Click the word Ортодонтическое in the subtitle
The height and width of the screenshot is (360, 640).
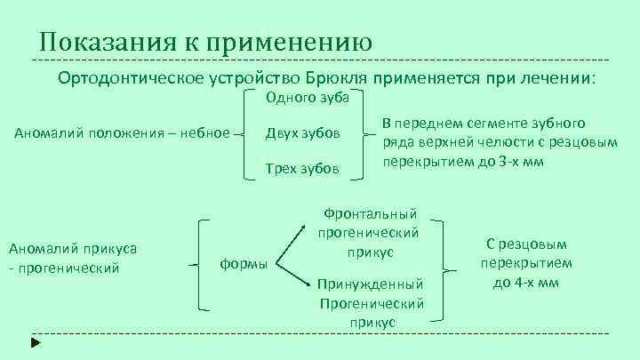[132, 77]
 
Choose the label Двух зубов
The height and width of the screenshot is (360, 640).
[302, 133]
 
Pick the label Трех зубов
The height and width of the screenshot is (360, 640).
[302, 168]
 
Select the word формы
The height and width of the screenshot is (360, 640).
[244, 264]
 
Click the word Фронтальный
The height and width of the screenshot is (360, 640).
[371, 213]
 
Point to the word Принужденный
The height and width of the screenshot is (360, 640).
[372, 285]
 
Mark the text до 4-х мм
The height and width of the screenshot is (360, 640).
[526, 283]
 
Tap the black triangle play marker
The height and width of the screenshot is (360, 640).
[35, 340]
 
